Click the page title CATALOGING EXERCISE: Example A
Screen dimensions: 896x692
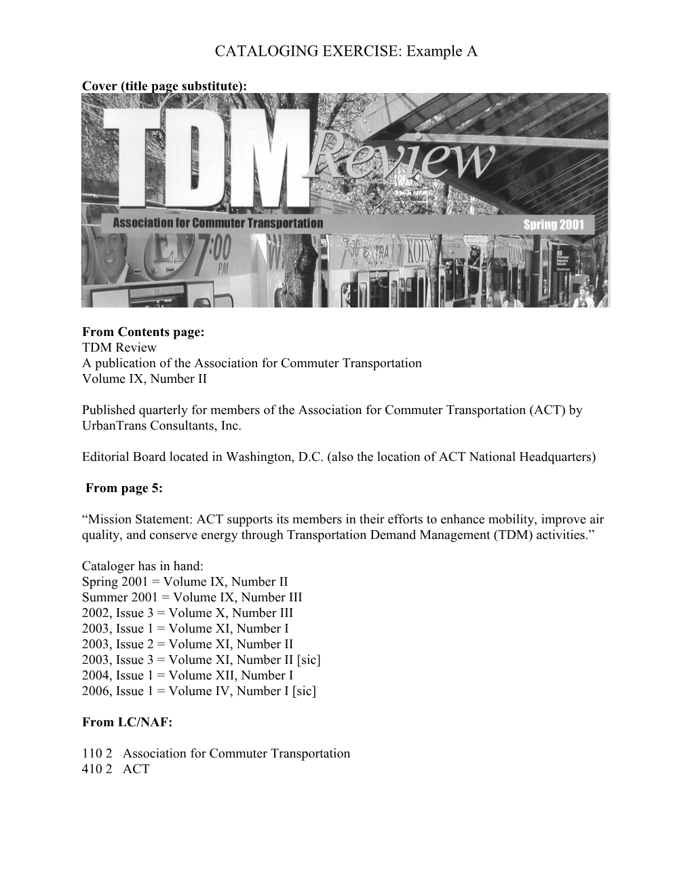click(346, 51)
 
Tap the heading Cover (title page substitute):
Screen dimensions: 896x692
click(164, 86)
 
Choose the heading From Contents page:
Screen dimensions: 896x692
click(143, 332)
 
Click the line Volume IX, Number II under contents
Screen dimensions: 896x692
click(145, 379)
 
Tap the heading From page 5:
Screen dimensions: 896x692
click(124, 488)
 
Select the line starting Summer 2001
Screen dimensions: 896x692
click(192, 597)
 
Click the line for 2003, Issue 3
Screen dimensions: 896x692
click(201, 660)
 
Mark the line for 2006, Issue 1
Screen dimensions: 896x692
click(199, 691)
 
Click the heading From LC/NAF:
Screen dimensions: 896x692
click(128, 722)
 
